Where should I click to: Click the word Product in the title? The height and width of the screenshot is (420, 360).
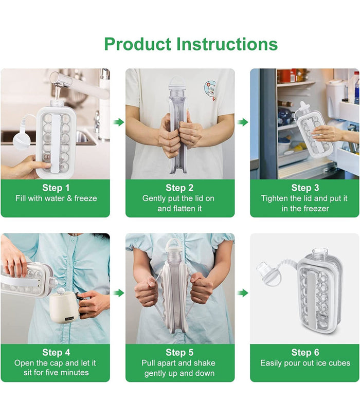(137, 44)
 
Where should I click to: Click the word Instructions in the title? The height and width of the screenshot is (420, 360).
(227, 44)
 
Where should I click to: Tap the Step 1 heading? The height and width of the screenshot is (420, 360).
(56, 188)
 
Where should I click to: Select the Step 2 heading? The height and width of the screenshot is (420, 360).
(179, 188)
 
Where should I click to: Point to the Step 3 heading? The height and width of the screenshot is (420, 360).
(305, 188)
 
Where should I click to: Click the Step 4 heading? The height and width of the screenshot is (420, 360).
(56, 352)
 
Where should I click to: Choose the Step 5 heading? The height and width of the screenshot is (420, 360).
(179, 352)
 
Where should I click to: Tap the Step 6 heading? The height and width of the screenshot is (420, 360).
(305, 352)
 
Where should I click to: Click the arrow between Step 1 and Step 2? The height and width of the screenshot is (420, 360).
(118, 122)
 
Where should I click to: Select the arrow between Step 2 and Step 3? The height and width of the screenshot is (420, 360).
(243, 122)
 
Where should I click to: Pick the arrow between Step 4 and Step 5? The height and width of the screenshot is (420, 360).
(118, 293)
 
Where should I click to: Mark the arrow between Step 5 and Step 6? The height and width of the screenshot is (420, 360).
(243, 293)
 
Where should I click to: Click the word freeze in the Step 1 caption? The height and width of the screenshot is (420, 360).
(85, 198)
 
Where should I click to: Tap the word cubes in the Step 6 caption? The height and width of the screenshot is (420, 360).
(339, 363)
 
